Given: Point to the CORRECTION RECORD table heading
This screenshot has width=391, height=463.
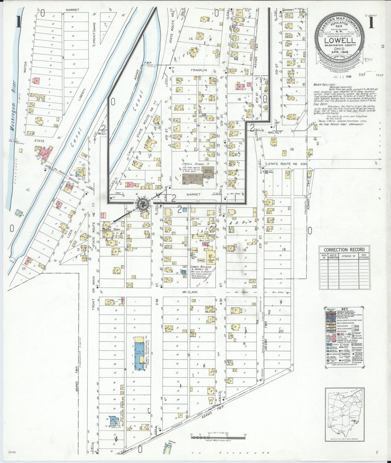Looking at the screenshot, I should pyautogui.click(x=344, y=249).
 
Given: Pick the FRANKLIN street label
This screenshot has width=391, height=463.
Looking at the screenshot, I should pyautogui.click(x=199, y=70).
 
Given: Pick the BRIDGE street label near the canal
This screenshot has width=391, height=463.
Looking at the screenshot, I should pyautogui.click(x=74, y=183).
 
